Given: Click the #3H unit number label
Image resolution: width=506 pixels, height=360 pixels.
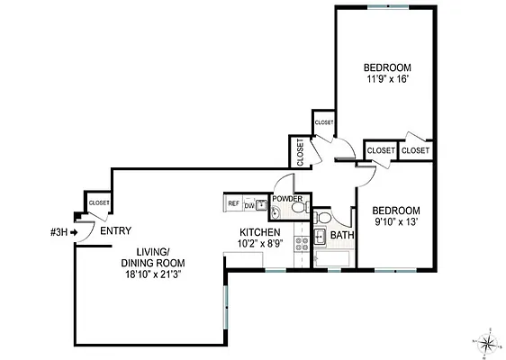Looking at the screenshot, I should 59,231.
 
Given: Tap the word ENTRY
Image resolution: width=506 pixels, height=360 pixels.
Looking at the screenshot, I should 115,231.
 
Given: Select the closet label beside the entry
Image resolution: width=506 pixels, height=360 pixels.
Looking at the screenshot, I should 98,202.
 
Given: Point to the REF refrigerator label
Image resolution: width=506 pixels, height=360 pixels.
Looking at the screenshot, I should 233,204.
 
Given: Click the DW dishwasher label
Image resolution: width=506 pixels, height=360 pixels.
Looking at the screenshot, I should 248,205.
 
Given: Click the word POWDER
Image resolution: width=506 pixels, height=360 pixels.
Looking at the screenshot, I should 287,198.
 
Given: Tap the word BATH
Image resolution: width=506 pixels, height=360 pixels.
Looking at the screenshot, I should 342,236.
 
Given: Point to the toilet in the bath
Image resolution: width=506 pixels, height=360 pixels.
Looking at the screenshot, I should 324,219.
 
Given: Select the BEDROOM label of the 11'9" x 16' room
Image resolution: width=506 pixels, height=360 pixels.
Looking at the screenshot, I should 387,67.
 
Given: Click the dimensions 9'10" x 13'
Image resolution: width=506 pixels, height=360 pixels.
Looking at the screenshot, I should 397,220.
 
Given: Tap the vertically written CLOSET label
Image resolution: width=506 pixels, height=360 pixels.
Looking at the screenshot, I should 300,151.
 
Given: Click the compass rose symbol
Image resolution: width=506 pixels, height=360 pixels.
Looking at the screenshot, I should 486,342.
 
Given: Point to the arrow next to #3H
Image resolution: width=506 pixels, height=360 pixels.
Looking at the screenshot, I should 75,231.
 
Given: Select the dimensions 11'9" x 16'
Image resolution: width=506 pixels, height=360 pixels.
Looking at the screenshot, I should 387,79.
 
